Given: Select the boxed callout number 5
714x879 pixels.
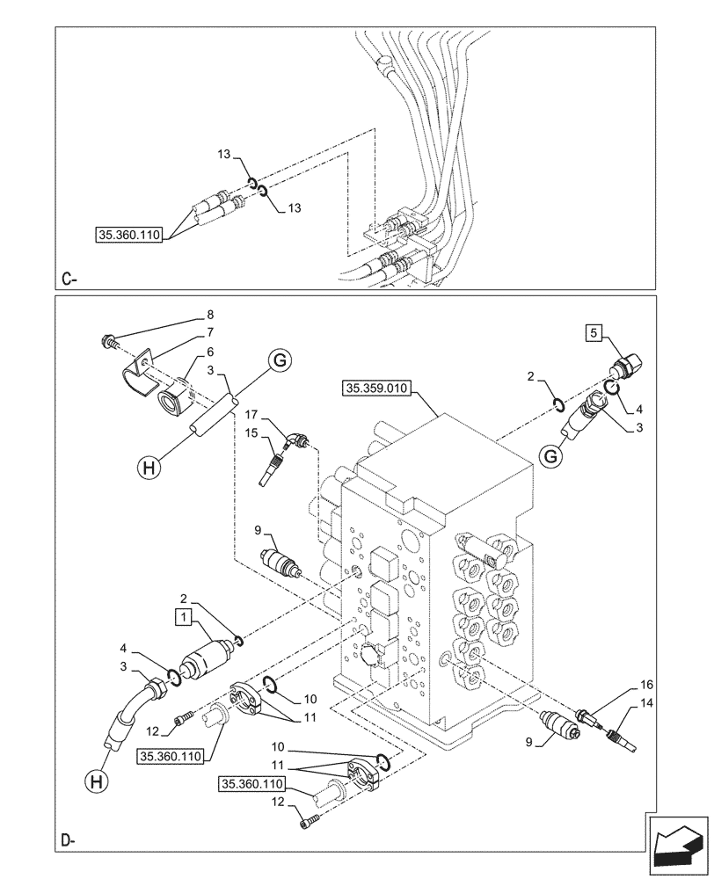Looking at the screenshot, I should tap(595, 331).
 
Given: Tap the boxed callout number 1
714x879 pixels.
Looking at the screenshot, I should tap(182, 616).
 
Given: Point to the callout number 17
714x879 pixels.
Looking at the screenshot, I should tap(251, 415).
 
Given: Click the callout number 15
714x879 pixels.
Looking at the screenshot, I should tap(251, 432).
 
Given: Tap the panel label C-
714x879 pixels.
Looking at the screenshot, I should tap(70, 280).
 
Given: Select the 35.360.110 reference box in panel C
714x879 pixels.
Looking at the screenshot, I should tap(127, 235).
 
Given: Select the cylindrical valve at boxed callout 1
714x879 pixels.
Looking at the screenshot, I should tap(204, 659).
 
